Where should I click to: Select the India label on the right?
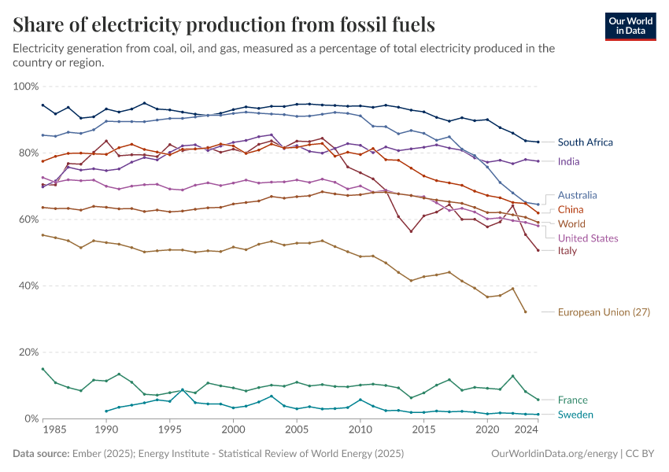tap(569, 161)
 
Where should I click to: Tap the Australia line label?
tap(577, 195)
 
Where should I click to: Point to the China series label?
tap(571, 209)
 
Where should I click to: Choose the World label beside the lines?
tap(571, 223)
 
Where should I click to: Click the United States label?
tap(587, 238)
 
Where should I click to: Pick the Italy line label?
tap(567, 251)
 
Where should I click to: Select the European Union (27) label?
tap(604, 312)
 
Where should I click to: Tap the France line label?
tap(572, 400)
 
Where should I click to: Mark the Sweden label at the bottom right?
tap(575, 415)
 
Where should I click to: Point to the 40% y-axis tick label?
tap(28, 286)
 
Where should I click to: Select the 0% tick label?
tap(31, 419)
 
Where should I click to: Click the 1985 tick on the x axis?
tap(55, 430)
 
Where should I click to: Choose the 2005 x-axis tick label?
tap(297, 430)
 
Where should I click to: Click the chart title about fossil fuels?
tap(224, 25)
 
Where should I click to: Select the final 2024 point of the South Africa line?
tap(538, 142)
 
